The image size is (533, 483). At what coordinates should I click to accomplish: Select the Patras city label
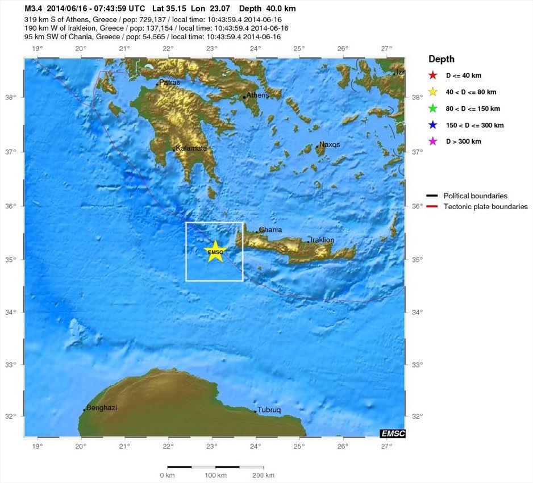point(169,82)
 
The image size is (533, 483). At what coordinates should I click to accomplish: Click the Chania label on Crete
point(270,230)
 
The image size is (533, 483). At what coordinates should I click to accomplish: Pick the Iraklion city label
point(322,240)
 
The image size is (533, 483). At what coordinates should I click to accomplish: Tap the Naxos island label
point(330,144)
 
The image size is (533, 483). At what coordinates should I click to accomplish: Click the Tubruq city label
point(269,410)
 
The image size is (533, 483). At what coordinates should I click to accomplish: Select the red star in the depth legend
point(432,75)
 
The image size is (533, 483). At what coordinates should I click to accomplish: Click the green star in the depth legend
point(432,109)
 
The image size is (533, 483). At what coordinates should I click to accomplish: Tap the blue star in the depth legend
point(432,125)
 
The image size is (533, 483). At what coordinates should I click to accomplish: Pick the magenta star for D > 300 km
point(432,141)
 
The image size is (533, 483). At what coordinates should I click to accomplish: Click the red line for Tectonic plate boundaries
point(432,207)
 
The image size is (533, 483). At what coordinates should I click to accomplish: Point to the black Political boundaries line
point(432,196)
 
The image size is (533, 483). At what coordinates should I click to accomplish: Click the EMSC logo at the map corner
point(393,434)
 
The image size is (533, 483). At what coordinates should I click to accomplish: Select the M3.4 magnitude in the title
point(33,9)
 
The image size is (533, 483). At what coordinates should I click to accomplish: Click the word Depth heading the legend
point(442,59)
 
